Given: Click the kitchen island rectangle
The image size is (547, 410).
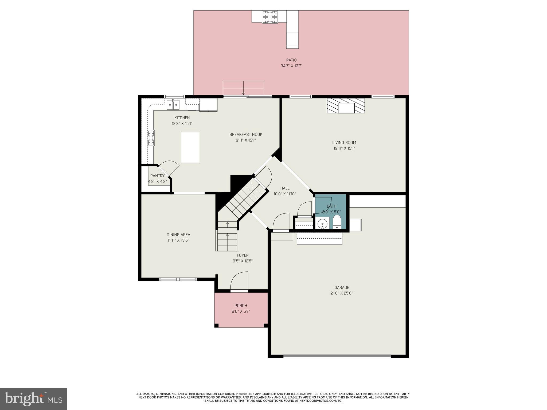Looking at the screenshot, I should click(190, 147).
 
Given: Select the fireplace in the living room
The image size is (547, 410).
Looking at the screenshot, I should click(346, 106).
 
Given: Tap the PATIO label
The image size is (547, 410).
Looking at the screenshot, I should click(291, 60).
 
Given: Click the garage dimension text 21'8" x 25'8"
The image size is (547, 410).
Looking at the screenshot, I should click(342, 293).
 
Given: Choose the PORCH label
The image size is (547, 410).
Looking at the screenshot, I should click(241, 305).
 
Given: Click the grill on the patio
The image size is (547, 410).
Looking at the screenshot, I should click(270, 17).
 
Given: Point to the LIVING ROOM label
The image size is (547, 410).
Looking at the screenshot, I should click(344, 143).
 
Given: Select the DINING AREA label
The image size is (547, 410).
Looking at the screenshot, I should click(178, 235).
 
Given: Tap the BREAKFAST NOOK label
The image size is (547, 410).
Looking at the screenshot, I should click(246, 135).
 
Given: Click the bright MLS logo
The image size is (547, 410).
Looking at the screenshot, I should click(33, 399).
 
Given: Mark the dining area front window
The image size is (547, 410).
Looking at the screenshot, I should click(178, 279).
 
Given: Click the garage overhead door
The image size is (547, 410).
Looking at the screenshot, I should click(337, 356).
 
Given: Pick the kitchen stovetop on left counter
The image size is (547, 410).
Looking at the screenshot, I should click(151, 138).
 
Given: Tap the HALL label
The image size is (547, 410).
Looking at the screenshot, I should click(285, 188).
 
